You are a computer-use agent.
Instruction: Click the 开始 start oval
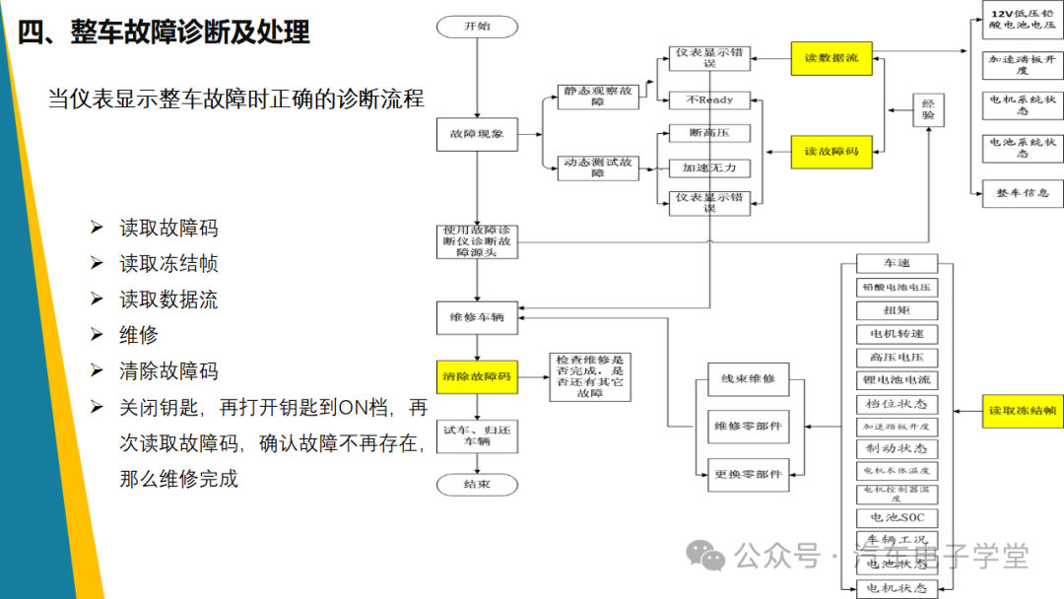pos(477,27)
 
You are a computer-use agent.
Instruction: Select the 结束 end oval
pos(477,484)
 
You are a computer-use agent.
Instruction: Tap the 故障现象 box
pos(477,134)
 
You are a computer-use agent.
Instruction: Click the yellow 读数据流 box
pos(831,58)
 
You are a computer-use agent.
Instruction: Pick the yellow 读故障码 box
pos(831,152)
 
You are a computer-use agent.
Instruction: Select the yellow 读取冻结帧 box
pos(1023,410)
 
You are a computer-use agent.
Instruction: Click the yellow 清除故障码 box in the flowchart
pos(477,376)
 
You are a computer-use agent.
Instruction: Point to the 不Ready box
pos(709,100)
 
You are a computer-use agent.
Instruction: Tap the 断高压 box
pos(709,133)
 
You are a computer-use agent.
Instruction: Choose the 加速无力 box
pos(709,167)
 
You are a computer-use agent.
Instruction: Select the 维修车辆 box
pos(477,317)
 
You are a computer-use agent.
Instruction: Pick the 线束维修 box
pos(749,379)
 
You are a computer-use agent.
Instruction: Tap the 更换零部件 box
pos(749,474)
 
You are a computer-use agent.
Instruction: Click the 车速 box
pos(897,264)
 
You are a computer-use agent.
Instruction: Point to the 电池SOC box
pos(897,517)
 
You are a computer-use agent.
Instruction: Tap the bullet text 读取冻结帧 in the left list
pos(168,264)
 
